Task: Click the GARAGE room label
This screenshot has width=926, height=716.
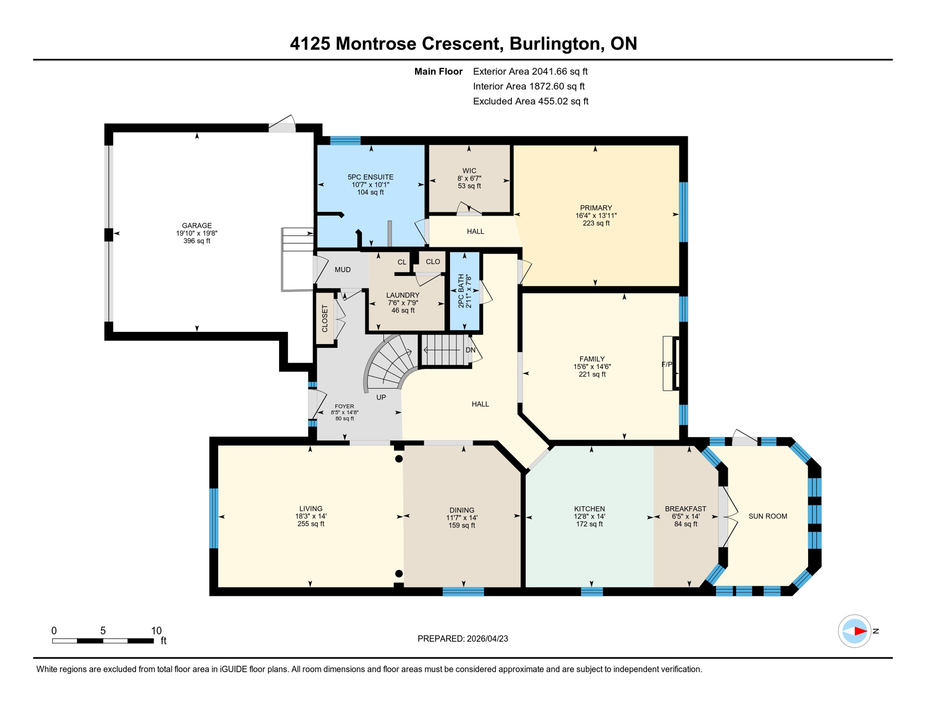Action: (197, 226)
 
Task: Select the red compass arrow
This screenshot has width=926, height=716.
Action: (860, 631)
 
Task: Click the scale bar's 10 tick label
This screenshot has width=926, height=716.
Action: (156, 631)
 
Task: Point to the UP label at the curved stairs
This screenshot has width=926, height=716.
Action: (381, 398)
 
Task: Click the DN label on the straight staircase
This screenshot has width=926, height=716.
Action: (470, 350)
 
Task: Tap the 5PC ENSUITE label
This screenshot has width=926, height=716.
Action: (370, 177)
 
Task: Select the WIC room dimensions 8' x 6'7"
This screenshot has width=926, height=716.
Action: (469, 179)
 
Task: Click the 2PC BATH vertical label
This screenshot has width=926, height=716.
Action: (461, 291)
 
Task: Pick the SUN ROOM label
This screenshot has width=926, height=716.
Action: (768, 516)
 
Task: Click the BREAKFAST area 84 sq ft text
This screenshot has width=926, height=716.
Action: (686, 524)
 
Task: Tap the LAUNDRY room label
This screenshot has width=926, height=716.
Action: (403, 295)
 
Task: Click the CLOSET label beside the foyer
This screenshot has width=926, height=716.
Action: (325, 318)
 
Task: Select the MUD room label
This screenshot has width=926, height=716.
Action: (342, 270)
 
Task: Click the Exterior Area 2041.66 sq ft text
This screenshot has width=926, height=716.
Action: (530, 71)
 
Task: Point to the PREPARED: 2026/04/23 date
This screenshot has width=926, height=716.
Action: (463, 639)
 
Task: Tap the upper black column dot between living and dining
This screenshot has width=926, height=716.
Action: (399, 459)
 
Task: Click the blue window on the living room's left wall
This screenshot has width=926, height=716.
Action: (214, 518)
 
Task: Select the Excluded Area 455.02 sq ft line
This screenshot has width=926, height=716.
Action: (531, 101)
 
